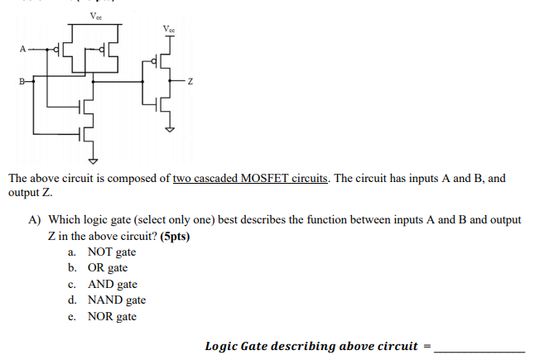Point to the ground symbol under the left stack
point(93,159)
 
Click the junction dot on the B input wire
point(34,82)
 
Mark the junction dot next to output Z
point(170,82)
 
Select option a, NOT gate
point(111,252)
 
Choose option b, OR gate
point(107,267)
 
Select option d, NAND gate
point(116,300)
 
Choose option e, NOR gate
point(112,316)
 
